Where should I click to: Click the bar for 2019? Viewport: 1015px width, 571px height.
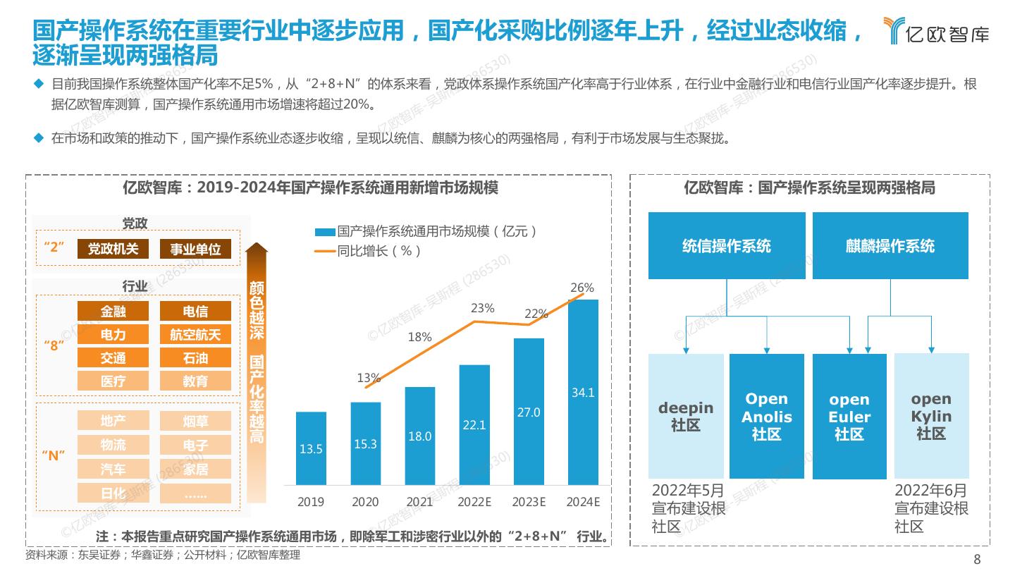(x=311, y=448)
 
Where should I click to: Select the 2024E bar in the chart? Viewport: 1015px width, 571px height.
(x=583, y=392)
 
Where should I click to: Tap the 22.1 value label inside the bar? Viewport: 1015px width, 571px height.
(x=474, y=425)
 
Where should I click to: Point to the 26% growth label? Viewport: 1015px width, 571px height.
(x=582, y=288)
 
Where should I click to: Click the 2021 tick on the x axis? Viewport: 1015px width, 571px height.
(x=419, y=502)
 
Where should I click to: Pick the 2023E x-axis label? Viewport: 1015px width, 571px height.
(x=529, y=502)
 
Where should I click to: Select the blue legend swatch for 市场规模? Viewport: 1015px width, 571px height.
(x=325, y=232)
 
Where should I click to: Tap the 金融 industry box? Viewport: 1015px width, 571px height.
(x=113, y=311)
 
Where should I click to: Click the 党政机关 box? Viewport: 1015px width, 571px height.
(x=113, y=249)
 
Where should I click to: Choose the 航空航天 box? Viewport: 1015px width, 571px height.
(x=195, y=334)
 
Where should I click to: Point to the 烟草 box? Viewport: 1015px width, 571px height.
(x=195, y=422)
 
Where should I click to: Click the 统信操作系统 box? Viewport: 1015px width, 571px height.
(x=726, y=245)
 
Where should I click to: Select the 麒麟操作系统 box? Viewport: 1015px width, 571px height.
(x=890, y=245)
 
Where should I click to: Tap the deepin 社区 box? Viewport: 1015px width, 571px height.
(x=686, y=416)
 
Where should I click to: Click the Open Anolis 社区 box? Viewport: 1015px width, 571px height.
(x=766, y=416)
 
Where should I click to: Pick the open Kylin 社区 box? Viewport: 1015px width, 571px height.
(x=931, y=416)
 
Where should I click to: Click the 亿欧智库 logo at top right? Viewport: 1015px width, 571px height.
(x=937, y=32)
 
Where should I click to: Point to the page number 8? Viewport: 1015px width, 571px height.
(x=977, y=560)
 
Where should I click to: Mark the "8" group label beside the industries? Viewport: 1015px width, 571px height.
(x=54, y=346)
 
